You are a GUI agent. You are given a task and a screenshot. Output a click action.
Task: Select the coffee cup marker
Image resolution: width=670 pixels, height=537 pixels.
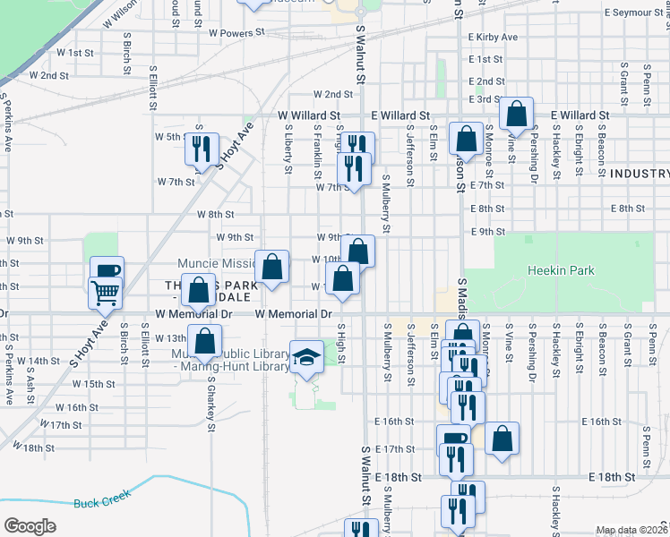107,271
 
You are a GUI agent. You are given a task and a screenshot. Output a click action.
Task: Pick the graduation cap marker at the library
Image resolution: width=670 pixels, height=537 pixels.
306,356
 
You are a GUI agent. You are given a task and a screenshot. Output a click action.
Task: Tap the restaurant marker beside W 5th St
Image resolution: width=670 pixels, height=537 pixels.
202,148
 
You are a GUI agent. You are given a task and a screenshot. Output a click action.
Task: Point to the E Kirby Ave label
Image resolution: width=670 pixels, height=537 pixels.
493,38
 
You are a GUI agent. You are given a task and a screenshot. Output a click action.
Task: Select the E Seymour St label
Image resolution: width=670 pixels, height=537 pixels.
637,13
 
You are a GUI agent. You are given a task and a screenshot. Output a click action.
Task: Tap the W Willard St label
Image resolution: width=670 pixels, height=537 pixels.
308,115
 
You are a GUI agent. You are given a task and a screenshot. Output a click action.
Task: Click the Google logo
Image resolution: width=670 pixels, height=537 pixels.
30,526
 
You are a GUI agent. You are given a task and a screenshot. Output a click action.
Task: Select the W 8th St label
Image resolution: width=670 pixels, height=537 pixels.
215,215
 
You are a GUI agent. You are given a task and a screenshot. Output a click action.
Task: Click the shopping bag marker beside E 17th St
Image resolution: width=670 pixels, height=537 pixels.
503,439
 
